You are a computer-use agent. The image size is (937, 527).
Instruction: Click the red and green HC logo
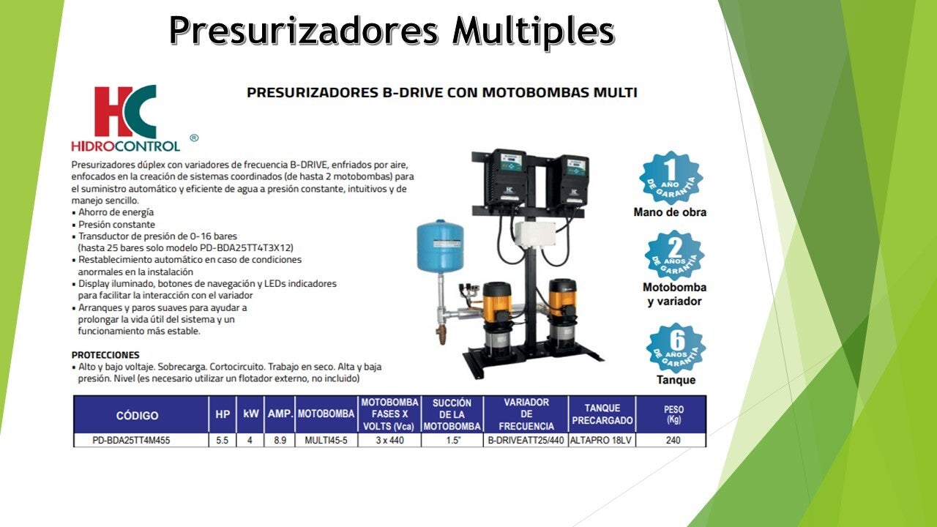(x=125, y=112)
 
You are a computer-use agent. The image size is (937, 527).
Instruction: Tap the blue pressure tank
(x=440, y=246)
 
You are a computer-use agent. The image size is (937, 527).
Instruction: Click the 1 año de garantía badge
(x=671, y=178)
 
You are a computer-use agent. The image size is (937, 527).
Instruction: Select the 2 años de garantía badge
(x=674, y=255)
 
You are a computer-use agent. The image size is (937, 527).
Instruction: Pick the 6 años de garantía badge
(x=676, y=348)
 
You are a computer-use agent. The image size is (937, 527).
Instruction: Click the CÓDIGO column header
(x=137, y=415)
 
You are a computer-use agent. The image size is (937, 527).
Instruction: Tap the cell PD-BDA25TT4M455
(x=131, y=440)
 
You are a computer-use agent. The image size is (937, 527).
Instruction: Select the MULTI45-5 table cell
(x=326, y=440)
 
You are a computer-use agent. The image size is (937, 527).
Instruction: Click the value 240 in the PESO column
(x=673, y=440)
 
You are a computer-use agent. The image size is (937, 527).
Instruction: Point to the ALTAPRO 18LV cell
(x=601, y=440)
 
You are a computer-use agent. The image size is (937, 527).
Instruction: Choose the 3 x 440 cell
(x=389, y=440)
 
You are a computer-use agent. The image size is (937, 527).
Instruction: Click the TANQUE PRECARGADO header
(x=602, y=414)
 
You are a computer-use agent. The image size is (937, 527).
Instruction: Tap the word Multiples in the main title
(x=534, y=31)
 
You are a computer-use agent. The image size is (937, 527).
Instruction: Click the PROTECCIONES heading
(x=105, y=355)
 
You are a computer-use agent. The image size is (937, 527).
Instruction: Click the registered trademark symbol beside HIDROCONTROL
(x=194, y=138)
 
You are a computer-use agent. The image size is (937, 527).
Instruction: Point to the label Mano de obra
(x=670, y=212)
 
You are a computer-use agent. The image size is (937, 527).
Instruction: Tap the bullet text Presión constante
(x=116, y=224)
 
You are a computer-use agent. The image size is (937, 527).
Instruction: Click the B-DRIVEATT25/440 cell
(x=526, y=440)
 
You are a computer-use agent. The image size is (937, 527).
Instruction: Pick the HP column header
(x=223, y=414)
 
